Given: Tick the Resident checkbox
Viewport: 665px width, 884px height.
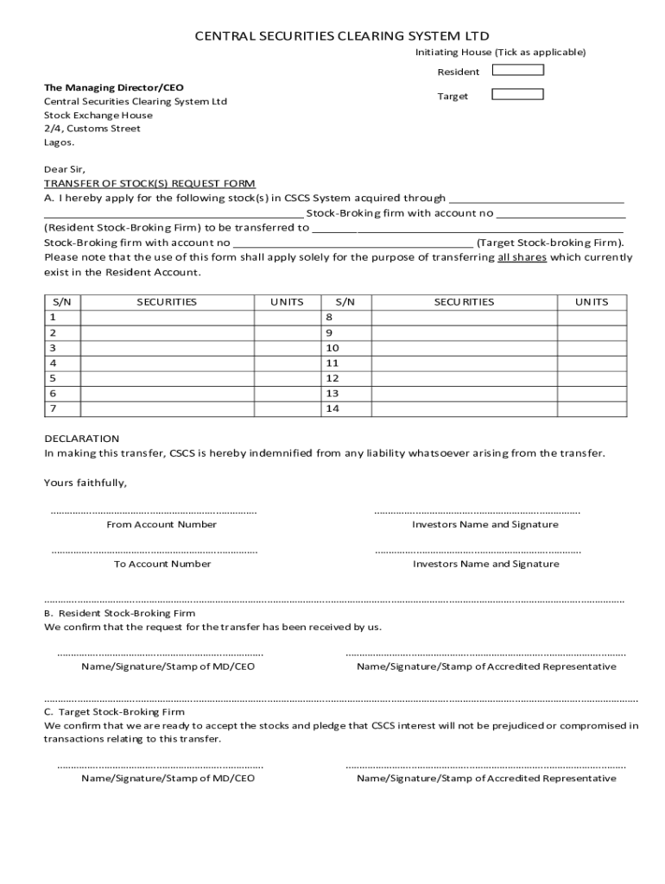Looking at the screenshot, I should tap(517, 71).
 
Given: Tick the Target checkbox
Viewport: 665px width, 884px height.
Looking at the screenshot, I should tap(517, 95).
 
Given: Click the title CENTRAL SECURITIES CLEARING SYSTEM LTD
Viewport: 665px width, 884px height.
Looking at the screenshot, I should tap(341, 35).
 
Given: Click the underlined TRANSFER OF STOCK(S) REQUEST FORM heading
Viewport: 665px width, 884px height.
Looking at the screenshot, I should tap(149, 184).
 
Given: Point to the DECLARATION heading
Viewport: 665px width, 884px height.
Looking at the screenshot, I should tap(82, 439).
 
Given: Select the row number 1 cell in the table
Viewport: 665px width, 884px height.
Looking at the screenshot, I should tap(62, 317).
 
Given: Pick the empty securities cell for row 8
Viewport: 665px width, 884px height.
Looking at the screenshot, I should tap(464, 317).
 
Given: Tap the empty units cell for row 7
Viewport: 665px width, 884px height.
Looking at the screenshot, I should tap(287, 408).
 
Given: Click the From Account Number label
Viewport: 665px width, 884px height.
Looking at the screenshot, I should tap(161, 524).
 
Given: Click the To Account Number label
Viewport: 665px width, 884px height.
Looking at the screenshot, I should tap(162, 564).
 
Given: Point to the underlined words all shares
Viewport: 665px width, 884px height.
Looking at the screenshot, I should tap(522, 257).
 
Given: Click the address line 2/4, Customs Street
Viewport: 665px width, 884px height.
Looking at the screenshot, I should tap(92, 129).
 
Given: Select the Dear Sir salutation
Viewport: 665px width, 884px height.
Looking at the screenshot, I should tap(65, 169).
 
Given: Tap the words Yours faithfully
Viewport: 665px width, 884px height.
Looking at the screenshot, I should tap(85, 483).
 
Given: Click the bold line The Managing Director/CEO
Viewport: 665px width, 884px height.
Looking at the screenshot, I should tap(114, 88).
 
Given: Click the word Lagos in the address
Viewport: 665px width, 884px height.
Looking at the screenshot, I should tap(59, 142).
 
